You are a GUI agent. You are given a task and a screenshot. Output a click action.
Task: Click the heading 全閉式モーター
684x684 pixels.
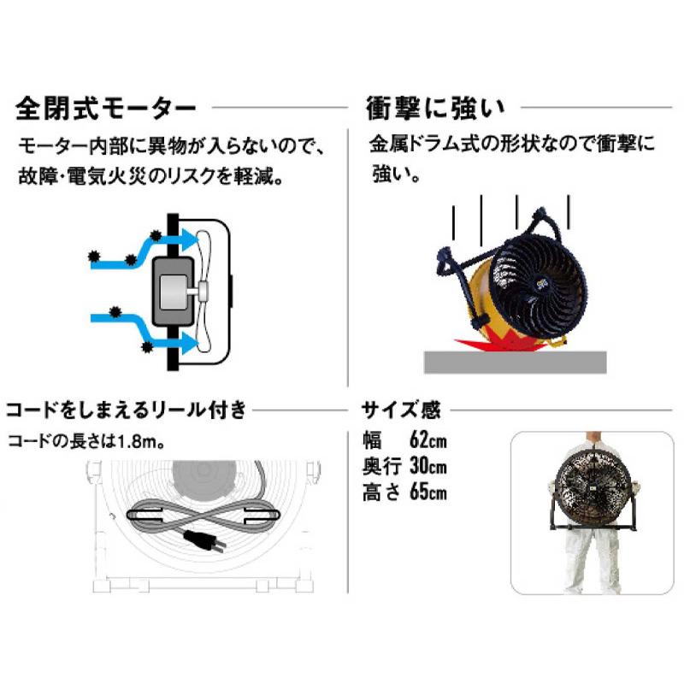coord(106,109)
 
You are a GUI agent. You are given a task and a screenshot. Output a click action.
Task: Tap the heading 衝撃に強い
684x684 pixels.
coord(435,109)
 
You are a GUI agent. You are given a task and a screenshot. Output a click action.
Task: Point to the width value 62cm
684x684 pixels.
coord(428,442)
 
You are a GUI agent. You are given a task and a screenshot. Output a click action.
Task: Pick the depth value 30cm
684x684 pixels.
coord(428,467)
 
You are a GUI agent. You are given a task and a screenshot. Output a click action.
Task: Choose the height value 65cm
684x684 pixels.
coord(428,492)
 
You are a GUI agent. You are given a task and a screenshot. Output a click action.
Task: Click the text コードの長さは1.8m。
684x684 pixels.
coord(85,443)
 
